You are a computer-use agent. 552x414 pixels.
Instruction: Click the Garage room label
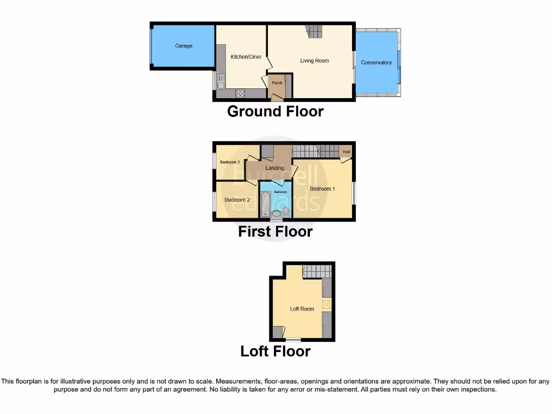click(184, 46)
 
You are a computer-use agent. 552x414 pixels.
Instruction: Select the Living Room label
click(314, 61)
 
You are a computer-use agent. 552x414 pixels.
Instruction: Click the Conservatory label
click(376, 63)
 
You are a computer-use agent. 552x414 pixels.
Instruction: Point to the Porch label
click(277, 83)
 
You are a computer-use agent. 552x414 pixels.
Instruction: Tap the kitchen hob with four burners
click(240, 93)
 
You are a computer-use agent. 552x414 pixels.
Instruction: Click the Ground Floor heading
click(275, 112)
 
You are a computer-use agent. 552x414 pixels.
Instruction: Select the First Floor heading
click(275, 232)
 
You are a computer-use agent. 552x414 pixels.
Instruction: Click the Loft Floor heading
click(275, 351)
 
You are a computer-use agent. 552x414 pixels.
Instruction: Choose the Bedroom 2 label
click(237, 200)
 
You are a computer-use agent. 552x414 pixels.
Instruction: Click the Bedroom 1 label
click(322, 189)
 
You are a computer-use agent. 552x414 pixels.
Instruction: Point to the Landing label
click(275, 168)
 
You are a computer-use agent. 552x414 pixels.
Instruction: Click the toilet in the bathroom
click(286, 211)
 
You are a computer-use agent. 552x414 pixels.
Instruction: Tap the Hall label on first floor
click(346, 152)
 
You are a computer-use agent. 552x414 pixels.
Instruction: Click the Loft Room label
click(302, 309)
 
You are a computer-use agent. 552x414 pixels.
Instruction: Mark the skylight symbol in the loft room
click(327, 305)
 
